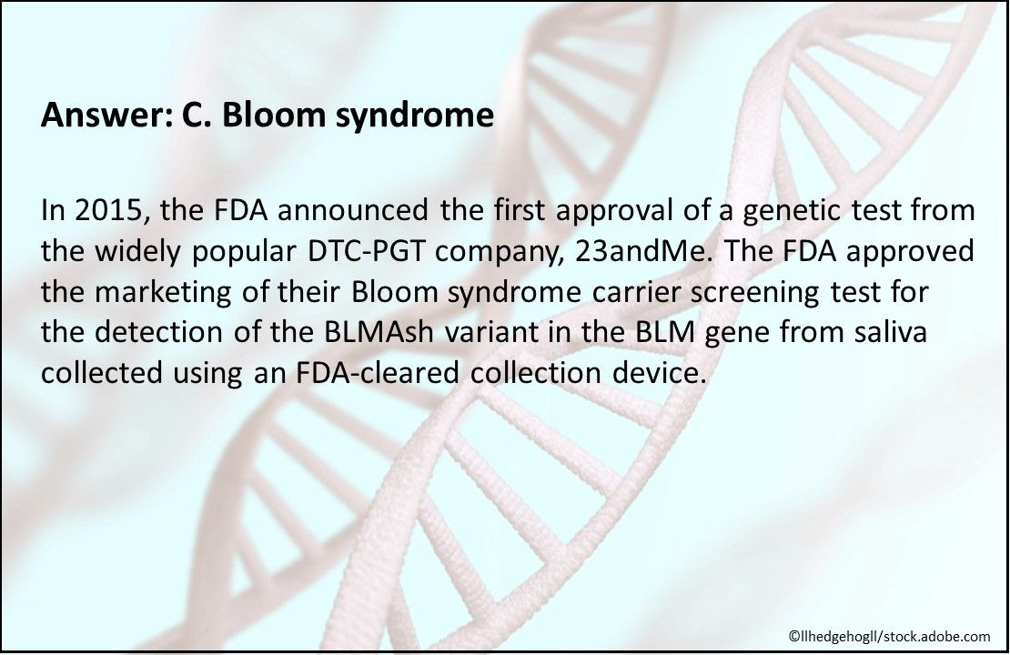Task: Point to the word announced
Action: click(x=353, y=211)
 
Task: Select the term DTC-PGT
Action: click(x=366, y=251)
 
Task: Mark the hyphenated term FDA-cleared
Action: click(x=379, y=372)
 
